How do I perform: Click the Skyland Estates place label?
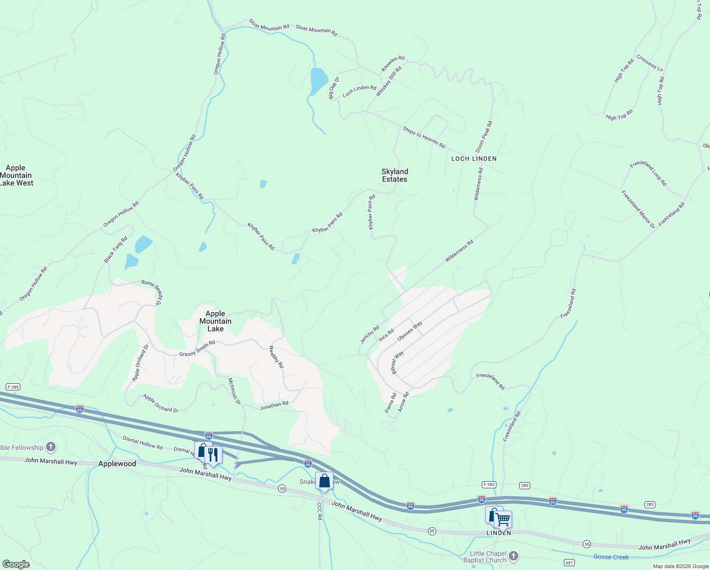pos(394,175)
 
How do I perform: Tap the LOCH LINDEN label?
pos(474,159)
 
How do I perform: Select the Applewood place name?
pos(117,464)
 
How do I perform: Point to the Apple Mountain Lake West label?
pos(16,175)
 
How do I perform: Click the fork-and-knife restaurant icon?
pos(213,454)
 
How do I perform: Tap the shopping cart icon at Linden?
pos(503,519)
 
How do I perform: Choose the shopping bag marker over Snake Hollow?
pos(324,481)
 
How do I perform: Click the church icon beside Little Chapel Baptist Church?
pos(513,555)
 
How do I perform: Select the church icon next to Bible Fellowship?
pos(51,447)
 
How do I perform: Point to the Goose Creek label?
pos(611,557)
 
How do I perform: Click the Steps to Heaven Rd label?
pos(424,137)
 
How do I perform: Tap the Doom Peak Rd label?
pos(484,137)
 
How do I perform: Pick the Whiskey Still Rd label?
pos(388,82)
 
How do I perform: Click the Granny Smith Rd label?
pos(197,349)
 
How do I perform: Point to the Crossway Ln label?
pos(649,63)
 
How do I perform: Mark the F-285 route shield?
pos(13,387)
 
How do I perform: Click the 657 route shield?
pos(570,563)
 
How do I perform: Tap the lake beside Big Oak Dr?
pos(318,80)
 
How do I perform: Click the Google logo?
pos(16,564)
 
